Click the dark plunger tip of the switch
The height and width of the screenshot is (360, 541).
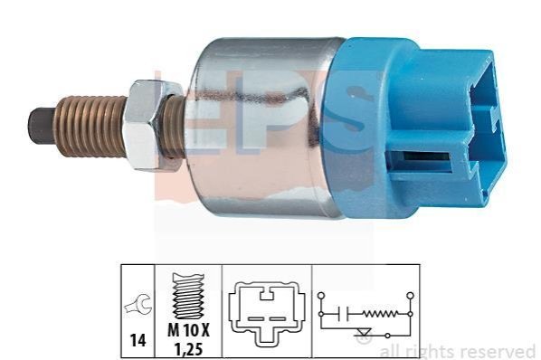point(41,126)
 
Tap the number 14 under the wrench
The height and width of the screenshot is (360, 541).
point(138,340)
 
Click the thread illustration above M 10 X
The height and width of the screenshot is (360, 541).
point(188,296)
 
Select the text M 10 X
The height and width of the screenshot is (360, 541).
point(188,331)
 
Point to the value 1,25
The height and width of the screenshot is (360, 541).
point(188,350)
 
